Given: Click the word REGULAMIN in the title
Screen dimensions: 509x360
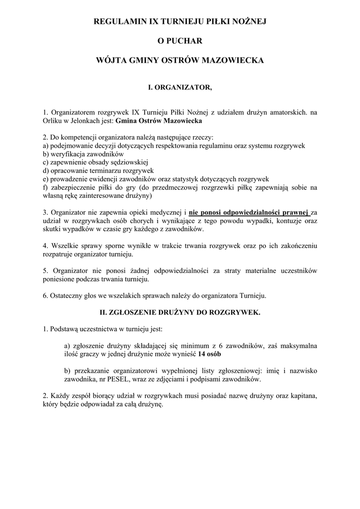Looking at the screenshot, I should (x=118, y=21).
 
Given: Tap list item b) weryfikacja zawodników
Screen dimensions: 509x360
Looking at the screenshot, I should (x=80, y=154).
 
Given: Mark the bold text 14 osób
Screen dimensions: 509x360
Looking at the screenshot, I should (x=209, y=354).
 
